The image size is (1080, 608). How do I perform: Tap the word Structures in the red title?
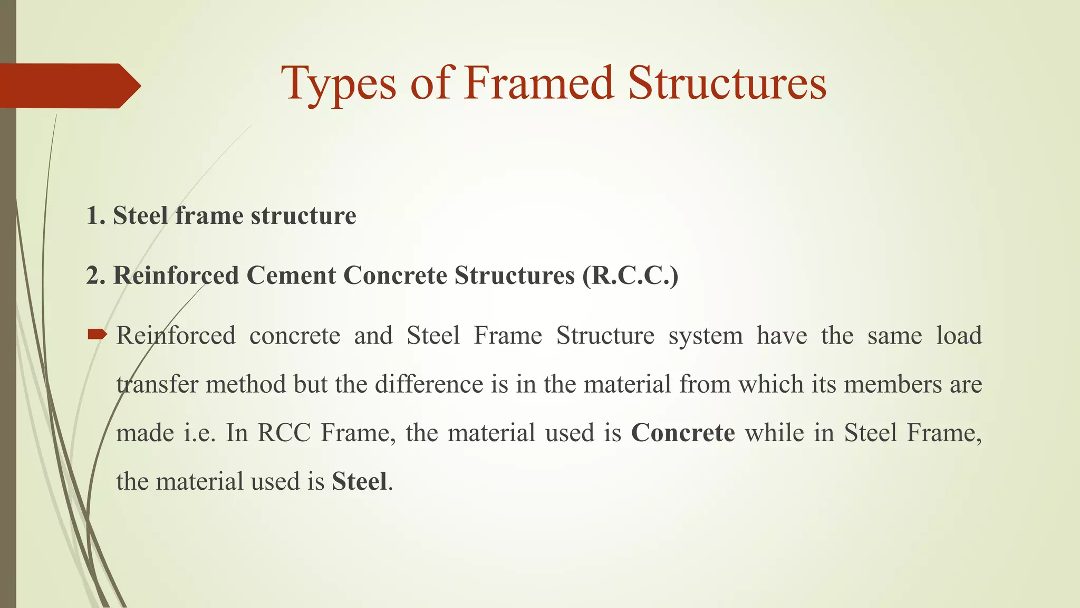727,83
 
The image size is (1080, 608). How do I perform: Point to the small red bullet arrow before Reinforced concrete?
97,334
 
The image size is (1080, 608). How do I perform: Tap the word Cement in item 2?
291,275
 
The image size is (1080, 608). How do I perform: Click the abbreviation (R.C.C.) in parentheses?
630,275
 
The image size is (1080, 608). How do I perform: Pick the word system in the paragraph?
705,336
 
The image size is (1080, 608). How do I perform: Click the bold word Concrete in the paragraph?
683,433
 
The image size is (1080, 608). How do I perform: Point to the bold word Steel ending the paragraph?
359,481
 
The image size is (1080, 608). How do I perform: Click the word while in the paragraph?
774,433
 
